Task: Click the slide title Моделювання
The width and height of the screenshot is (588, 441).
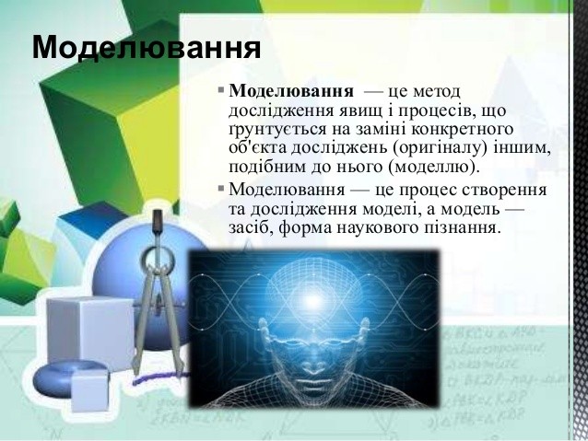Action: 147,47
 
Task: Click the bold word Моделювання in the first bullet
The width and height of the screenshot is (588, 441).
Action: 291,91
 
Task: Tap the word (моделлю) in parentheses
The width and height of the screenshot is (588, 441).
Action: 434,168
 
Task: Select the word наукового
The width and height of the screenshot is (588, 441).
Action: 376,228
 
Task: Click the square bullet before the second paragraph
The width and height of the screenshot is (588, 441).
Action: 221,187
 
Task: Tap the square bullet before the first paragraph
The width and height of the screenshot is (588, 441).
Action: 221,90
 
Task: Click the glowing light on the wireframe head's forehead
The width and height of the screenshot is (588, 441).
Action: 314,300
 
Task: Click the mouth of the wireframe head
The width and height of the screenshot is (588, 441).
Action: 313,384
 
